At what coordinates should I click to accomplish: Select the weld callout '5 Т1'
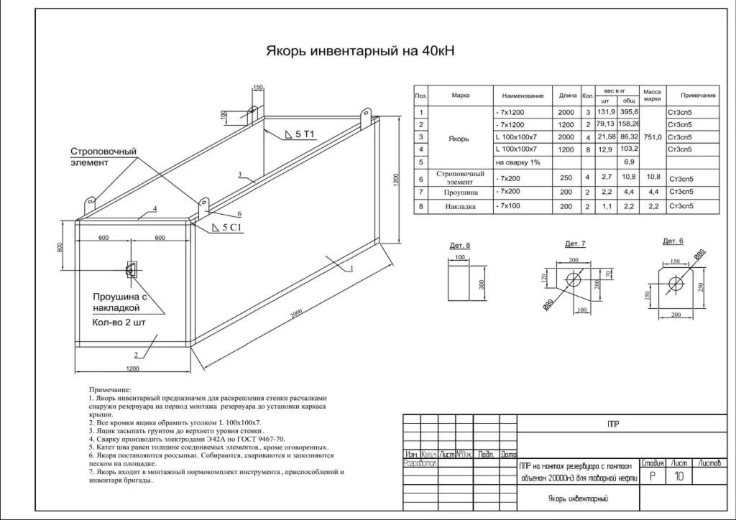[305, 134]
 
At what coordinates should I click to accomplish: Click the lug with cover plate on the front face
[132, 269]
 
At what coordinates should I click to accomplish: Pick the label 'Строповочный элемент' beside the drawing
[103, 157]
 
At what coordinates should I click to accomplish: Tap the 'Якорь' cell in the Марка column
[459, 139]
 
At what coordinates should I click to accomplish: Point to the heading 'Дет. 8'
[460, 246]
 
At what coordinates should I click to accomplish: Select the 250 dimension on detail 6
[699, 286]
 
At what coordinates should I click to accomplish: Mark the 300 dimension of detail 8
[482, 283]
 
